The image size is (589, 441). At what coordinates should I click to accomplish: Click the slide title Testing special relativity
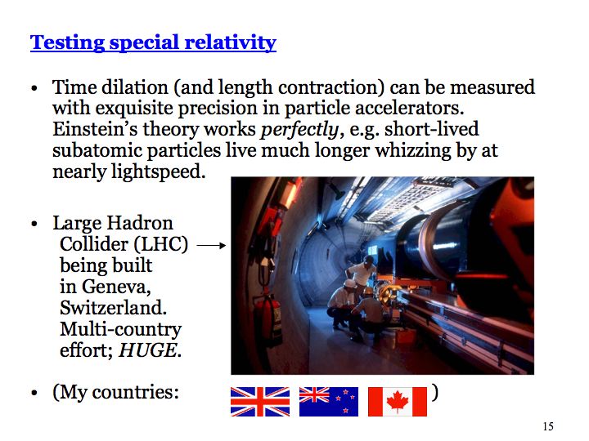click(x=153, y=42)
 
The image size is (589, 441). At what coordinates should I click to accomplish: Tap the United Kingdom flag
click(x=260, y=402)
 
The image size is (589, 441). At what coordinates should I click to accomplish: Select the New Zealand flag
click(x=329, y=402)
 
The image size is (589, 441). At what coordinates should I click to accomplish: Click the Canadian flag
click(x=398, y=402)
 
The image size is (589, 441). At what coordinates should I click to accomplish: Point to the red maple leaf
click(x=398, y=401)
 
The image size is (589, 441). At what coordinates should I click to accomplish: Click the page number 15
click(x=548, y=426)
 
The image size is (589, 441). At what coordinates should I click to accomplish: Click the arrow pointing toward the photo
click(x=212, y=246)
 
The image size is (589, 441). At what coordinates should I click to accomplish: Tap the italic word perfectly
click(x=299, y=130)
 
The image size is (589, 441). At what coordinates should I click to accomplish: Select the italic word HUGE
click(x=147, y=350)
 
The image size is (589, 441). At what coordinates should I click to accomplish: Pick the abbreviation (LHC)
click(x=161, y=244)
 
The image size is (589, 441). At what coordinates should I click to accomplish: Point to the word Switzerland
click(x=113, y=308)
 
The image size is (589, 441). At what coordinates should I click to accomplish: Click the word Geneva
click(x=116, y=287)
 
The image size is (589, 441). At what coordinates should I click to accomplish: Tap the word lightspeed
click(x=158, y=172)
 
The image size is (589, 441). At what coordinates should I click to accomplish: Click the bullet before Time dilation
click(x=34, y=89)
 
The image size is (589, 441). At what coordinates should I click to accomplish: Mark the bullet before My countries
click(x=34, y=393)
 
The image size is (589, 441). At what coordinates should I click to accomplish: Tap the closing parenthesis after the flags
click(x=434, y=393)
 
